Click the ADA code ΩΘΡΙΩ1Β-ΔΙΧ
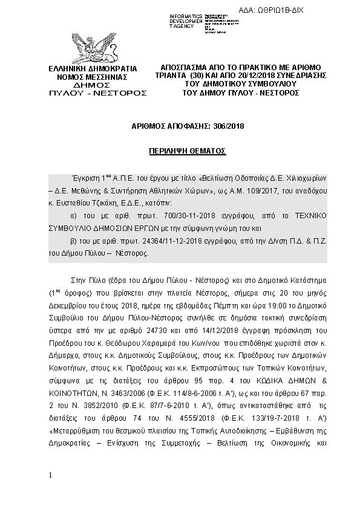tap(313, 11)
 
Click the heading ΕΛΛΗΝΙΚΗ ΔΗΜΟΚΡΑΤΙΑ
tap(92, 68)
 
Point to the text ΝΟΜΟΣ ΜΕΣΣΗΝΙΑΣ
tap(91, 77)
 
